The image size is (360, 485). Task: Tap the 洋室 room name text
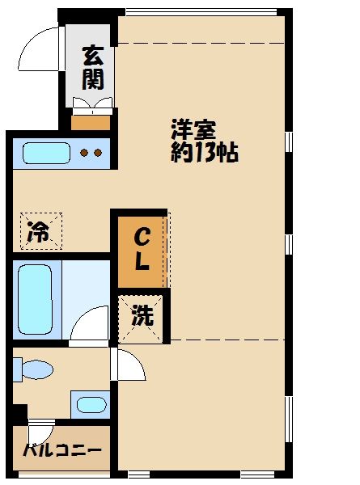coord(193,129)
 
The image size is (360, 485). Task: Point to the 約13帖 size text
coord(203,153)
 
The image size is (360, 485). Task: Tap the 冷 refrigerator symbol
coord(40,230)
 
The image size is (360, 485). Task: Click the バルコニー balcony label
coord(61,450)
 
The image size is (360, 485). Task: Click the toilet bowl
coord(36,370)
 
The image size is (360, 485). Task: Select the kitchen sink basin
coord(47,153)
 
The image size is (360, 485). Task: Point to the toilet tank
coord(18,369)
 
